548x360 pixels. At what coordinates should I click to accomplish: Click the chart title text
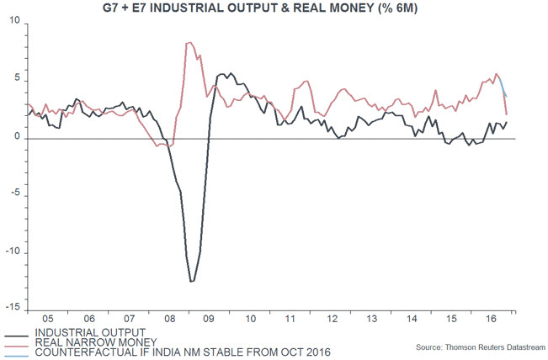click(275, 9)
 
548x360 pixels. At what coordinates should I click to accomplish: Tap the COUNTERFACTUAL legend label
click(180, 352)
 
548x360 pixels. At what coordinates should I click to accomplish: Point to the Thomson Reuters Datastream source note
click(480, 347)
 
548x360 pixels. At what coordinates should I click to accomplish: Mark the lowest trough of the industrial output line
click(192, 281)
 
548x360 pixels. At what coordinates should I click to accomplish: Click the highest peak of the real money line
click(189, 42)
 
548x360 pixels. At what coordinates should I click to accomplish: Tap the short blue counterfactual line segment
click(503, 87)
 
